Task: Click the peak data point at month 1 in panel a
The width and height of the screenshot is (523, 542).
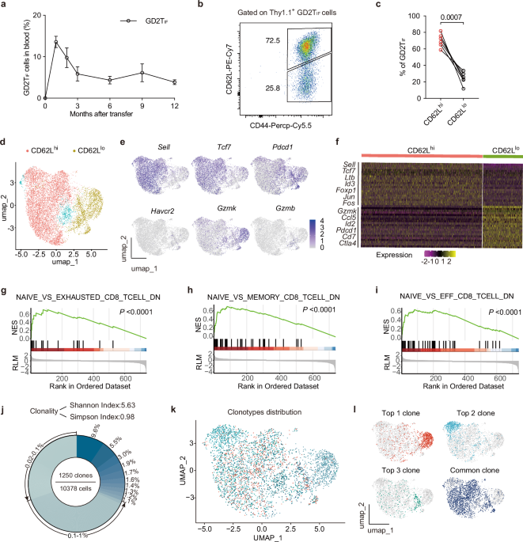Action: [x=55, y=43]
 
